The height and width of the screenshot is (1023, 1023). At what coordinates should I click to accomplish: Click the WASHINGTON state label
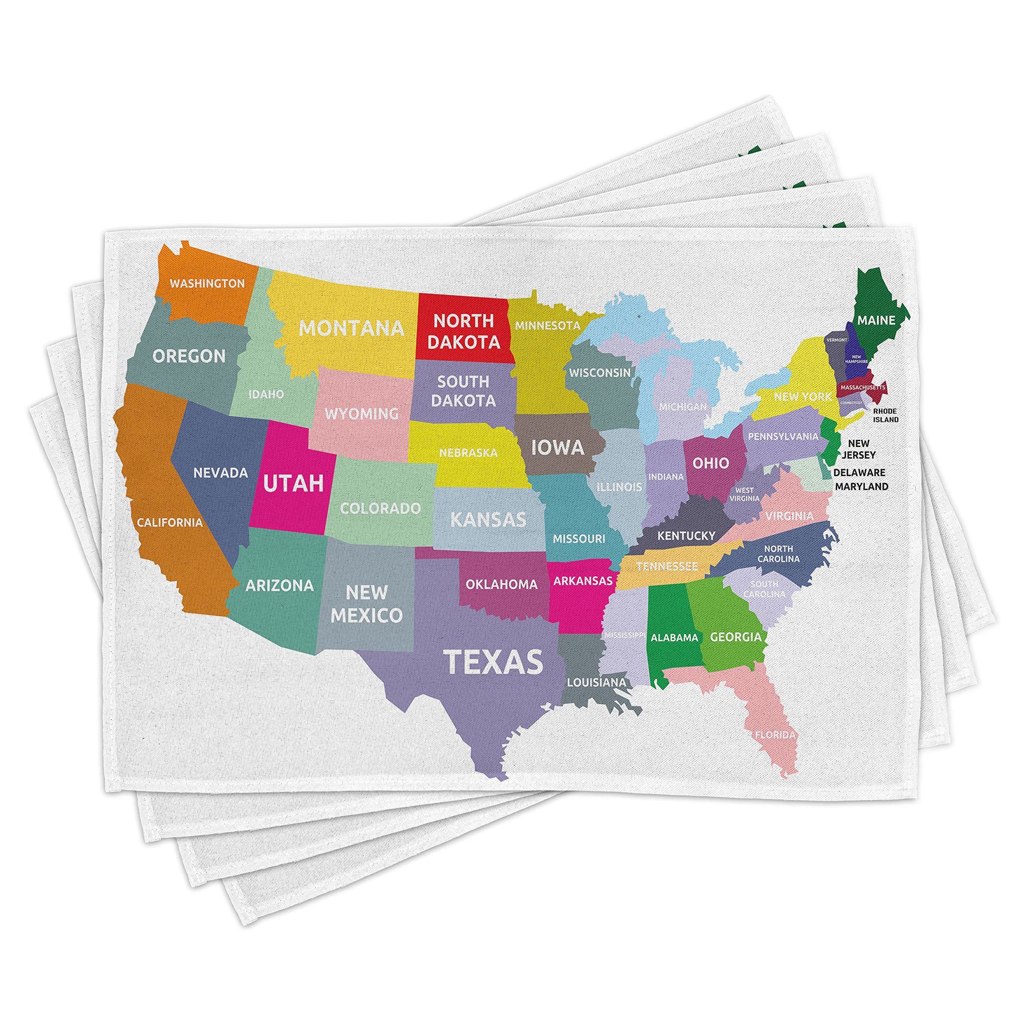coord(207,283)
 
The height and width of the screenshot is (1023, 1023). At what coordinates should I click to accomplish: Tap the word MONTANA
coord(352,328)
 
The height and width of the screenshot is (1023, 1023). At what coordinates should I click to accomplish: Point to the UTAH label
coord(293,483)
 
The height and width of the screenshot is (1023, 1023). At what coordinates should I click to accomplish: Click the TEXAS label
coord(493,662)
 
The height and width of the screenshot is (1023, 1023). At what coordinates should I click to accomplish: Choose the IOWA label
coord(557,448)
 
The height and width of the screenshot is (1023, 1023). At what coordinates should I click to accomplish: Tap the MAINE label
coord(876,320)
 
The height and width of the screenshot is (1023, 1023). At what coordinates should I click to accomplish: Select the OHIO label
coord(711,463)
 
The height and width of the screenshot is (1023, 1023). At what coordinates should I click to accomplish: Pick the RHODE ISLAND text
coord(885,415)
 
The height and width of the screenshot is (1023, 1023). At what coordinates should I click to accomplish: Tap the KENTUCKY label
coord(686,536)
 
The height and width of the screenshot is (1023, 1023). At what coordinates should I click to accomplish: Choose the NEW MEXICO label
coord(366,604)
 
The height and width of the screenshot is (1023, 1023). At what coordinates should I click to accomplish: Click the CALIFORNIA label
coord(170,523)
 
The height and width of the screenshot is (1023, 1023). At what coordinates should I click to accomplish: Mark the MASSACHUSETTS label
coord(863,388)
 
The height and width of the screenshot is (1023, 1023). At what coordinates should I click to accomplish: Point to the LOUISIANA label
coord(596,683)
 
